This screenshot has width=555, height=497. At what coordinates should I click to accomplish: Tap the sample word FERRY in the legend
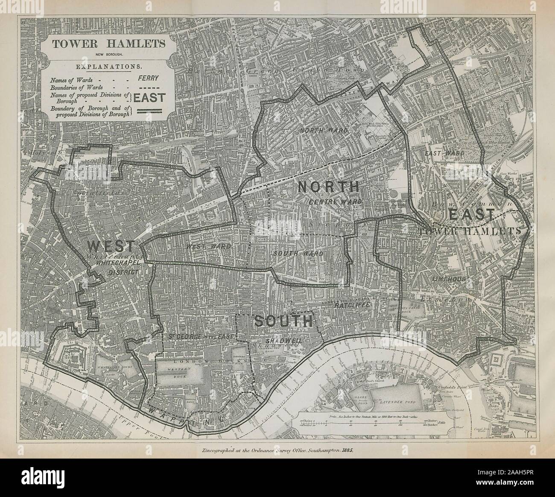click(x=148, y=78)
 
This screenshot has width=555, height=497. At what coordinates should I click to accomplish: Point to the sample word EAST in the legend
click(x=149, y=97)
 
